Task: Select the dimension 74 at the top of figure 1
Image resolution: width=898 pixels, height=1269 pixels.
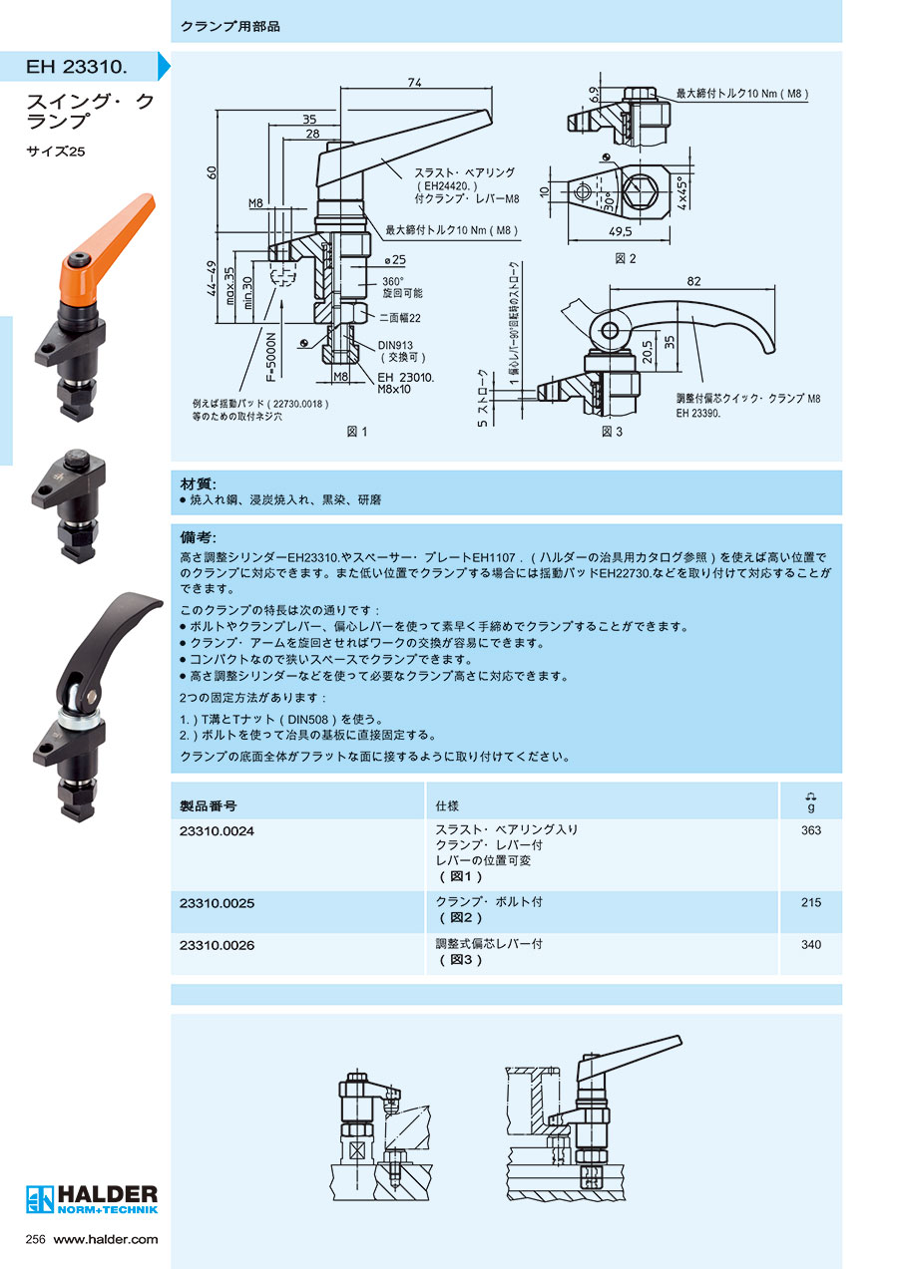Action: (413, 83)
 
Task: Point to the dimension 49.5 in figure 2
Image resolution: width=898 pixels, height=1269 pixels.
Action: (621, 232)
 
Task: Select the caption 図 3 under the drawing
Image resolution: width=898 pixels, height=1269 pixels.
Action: (612, 432)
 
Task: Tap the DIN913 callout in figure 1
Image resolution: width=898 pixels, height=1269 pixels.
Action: (396, 345)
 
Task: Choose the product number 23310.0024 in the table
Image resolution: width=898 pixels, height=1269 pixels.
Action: (217, 830)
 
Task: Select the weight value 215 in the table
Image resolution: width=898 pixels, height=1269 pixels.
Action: (810, 902)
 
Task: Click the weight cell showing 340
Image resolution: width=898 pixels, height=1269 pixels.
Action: (810, 944)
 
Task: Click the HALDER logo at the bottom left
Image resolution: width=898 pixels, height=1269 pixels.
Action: (92, 1197)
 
